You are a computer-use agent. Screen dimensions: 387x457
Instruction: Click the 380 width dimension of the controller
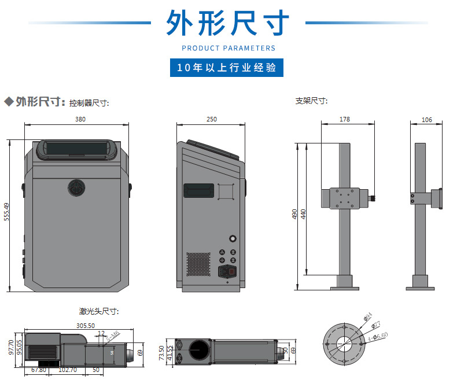(80, 120)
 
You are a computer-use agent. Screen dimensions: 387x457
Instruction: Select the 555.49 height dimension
(6, 212)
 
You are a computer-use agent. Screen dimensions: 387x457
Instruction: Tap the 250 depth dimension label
(211, 120)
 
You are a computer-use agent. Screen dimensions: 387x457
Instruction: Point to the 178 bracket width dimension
(345, 120)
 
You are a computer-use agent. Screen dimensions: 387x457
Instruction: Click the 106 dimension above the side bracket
(427, 120)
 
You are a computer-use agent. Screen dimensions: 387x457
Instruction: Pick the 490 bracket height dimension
(294, 214)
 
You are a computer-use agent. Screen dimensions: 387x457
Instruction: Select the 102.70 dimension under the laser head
(68, 370)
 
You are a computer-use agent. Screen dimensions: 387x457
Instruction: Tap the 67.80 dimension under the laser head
(39, 370)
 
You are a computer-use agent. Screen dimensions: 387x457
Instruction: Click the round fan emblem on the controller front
(76, 187)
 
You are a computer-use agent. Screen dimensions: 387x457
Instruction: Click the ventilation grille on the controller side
(198, 264)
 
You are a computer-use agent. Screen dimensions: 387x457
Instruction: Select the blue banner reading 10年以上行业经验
(227, 68)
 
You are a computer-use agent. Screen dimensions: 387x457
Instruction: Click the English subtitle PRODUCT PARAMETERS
(228, 48)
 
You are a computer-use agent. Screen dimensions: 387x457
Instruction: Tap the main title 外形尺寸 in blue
(228, 23)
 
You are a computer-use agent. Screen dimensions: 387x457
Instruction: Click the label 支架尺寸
(312, 101)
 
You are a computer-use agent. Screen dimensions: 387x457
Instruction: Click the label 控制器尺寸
(89, 103)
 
